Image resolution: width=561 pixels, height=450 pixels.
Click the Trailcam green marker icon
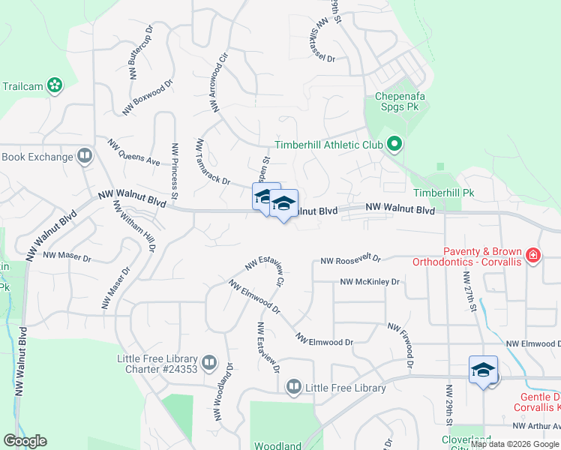click(54, 85)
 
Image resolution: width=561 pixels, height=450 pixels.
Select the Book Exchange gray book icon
click(85, 157)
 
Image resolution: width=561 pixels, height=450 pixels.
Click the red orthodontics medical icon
click(533, 256)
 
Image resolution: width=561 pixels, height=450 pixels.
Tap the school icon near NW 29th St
click(484, 370)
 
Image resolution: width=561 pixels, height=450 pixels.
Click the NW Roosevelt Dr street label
click(350, 260)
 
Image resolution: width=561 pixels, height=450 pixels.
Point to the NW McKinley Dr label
click(370, 282)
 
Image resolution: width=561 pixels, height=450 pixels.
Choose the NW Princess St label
click(174, 171)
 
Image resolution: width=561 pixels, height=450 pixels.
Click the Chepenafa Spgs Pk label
click(396, 102)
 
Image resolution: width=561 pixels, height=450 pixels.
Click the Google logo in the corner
click(25, 441)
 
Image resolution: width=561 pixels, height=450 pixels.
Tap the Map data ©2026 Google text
click(514, 444)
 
